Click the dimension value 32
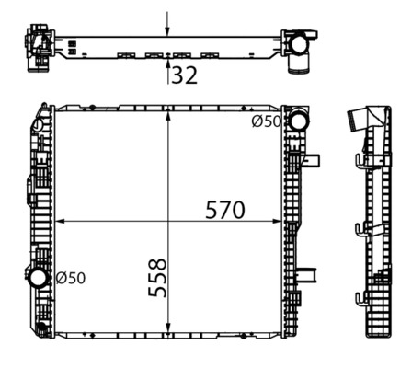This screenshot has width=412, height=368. click(185, 76)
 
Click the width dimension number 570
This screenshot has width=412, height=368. click(224, 210)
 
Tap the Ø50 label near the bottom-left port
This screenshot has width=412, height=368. click(71, 277)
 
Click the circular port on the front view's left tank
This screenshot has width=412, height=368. click(38, 277)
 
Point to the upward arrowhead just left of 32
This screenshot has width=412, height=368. click(166, 64)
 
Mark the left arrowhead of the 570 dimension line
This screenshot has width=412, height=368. click(61, 222)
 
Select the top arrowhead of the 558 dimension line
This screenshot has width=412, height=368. click(167, 114)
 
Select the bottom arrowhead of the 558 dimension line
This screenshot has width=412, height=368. click(167, 334)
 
